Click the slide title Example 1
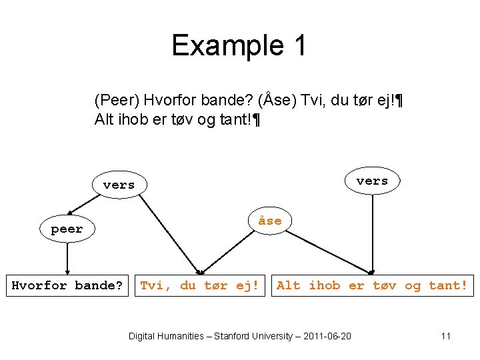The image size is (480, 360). (239, 45)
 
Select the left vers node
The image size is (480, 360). (119, 185)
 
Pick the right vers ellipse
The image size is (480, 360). (372, 181)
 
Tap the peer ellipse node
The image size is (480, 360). (67, 229)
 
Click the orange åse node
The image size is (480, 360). (269, 221)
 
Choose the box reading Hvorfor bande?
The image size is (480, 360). (67, 286)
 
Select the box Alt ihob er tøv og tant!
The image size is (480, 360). (372, 286)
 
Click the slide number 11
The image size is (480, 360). (446, 336)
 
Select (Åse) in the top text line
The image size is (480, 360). (277, 101)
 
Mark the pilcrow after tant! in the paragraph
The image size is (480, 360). (256, 121)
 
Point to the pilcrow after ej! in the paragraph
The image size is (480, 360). (399, 101)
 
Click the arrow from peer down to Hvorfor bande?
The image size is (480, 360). (67, 257)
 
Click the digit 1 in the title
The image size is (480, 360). (299, 45)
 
